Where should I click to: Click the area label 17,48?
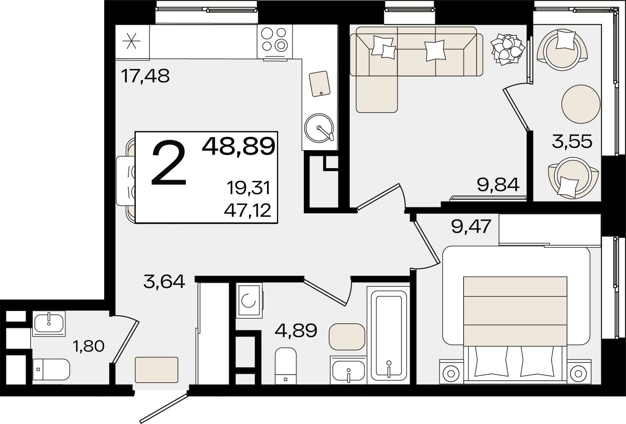(x=145, y=76)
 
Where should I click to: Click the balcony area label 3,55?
(x=572, y=141)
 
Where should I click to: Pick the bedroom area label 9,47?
(x=471, y=226)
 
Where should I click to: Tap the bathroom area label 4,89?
(x=296, y=330)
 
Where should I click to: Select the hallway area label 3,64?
(x=164, y=282)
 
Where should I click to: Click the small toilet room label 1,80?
(x=88, y=346)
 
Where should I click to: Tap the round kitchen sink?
(x=319, y=128)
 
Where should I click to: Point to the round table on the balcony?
(x=581, y=104)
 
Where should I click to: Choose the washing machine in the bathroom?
(x=249, y=300)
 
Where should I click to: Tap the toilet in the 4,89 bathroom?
(x=286, y=365)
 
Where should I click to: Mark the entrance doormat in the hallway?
(x=156, y=370)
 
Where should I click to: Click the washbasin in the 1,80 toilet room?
(x=49, y=323)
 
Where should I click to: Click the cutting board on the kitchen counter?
(x=320, y=84)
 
